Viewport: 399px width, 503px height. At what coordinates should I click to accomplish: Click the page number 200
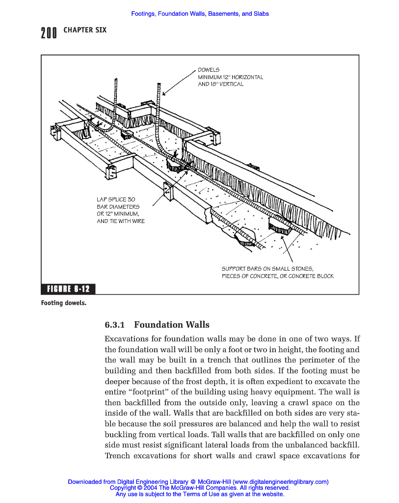pyautogui.click(x=49, y=33)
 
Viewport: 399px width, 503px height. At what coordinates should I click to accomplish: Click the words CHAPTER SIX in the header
pyautogui.click(x=85, y=30)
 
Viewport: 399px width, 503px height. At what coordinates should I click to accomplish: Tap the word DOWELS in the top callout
pyautogui.click(x=209, y=70)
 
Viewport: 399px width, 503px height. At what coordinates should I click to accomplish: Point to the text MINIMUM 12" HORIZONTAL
pyautogui.click(x=230, y=77)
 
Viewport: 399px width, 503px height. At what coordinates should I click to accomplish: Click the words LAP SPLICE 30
pyautogui.click(x=116, y=199)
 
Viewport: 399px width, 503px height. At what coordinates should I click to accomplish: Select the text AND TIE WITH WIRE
pyautogui.click(x=121, y=221)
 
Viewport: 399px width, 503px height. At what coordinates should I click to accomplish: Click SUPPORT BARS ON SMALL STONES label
pyautogui.click(x=267, y=269)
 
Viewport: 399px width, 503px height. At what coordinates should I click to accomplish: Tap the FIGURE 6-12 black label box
pyautogui.click(x=68, y=288)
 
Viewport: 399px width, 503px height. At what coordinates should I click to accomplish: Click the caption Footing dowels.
pyautogui.click(x=64, y=303)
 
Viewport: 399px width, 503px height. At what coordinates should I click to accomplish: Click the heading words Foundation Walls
pyautogui.click(x=172, y=325)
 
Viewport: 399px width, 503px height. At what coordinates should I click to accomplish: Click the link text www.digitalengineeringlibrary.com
pyautogui.click(x=281, y=482)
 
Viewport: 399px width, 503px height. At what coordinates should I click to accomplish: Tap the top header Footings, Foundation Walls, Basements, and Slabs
pyautogui.click(x=200, y=14)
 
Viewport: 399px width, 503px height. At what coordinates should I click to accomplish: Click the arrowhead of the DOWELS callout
pyautogui.click(x=163, y=94)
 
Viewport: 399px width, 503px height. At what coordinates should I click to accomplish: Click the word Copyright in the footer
pyautogui.click(x=123, y=488)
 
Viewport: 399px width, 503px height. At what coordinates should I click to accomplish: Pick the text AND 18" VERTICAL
pyautogui.click(x=220, y=84)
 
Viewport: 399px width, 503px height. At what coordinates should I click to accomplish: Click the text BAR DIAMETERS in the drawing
pyautogui.click(x=118, y=207)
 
